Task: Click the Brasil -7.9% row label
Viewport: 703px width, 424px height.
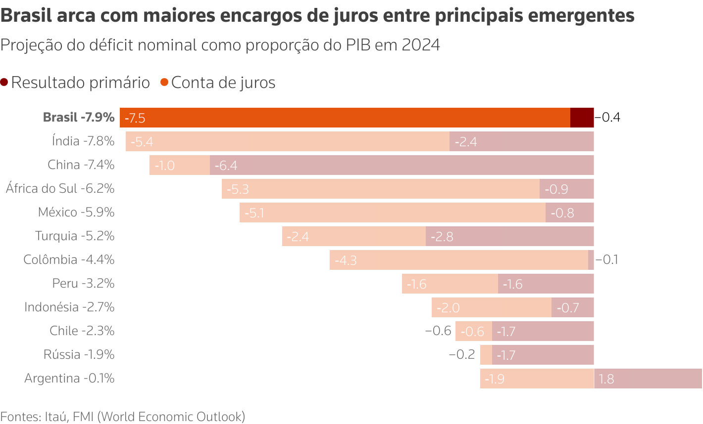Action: (x=79, y=117)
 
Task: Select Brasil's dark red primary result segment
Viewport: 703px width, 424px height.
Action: (x=582, y=118)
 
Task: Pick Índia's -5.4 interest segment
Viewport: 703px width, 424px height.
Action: (x=288, y=141)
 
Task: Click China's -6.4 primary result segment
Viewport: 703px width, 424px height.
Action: (x=402, y=165)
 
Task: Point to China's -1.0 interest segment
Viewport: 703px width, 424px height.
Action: (x=180, y=165)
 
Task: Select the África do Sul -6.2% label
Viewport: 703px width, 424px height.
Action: (x=60, y=188)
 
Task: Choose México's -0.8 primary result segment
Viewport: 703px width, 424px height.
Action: (x=569, y=212)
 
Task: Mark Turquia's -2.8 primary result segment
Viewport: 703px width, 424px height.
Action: (x=509, y=236)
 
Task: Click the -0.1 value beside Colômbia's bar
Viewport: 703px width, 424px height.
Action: (x=607, y=260)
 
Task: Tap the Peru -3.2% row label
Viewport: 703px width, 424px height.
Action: (x=83, y=283)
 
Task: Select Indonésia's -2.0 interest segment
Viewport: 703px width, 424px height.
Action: (x=492, y=307)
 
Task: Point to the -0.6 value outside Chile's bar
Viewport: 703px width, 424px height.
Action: (x=438, y=331)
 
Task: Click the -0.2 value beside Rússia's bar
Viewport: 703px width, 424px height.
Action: (x=462, y=354)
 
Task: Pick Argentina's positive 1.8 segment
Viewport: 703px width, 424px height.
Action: (x=648, y=379)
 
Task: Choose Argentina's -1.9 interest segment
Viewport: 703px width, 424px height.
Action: (x=537, y=379)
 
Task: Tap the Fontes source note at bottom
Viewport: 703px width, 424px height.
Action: (x=123, y=417)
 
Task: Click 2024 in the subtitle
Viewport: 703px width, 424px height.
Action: (x=421, y=45)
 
